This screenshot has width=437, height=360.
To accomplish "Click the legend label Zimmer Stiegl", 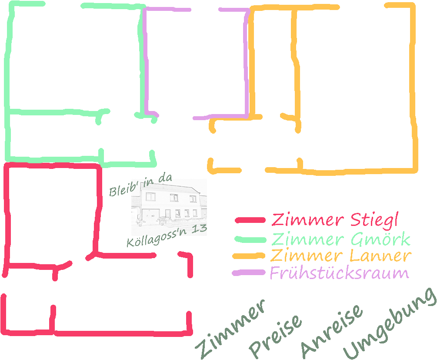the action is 335,220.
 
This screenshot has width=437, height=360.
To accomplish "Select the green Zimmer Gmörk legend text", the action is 340,239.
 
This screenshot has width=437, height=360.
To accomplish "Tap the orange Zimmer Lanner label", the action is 340,256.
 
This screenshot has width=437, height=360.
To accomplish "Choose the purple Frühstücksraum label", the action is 340,273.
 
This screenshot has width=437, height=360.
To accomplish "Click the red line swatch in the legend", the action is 250,220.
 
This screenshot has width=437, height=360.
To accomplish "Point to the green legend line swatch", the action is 250,239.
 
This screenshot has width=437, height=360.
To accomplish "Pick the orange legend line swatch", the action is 249,256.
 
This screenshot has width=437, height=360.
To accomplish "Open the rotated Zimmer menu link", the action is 230,329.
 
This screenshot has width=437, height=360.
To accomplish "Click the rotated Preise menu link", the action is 275,336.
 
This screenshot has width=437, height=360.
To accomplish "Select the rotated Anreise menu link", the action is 332,331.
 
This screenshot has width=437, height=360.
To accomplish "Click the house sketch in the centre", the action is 169,207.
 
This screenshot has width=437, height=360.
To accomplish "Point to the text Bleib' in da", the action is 140,185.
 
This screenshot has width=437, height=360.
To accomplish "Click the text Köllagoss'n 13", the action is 167,236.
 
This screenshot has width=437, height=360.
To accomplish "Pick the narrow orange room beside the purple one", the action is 274,61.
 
